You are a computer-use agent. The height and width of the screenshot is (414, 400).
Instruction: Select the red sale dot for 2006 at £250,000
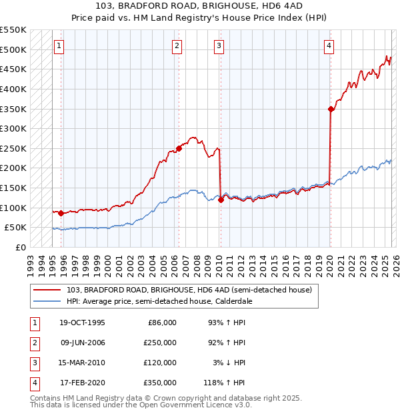179,148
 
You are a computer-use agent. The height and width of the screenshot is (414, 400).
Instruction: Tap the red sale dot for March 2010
221,200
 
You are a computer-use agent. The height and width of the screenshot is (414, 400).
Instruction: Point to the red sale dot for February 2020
331,109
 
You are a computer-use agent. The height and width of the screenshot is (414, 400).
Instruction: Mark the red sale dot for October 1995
61,213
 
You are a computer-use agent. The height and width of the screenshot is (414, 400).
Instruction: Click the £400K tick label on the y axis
13,89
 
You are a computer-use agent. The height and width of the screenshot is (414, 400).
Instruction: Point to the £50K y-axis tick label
16,228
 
